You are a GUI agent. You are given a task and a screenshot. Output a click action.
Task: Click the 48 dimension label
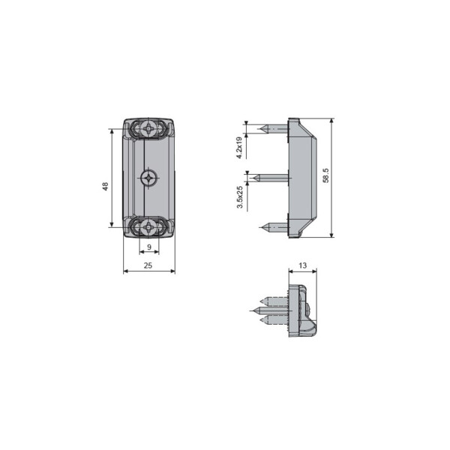[106, 186]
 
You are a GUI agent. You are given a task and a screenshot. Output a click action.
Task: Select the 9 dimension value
[148, 247]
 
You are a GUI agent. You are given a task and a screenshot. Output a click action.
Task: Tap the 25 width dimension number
[148, 265]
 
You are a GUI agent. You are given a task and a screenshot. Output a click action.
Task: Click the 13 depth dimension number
[302, 265]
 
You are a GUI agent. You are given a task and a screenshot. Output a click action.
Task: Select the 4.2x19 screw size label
[239, 147]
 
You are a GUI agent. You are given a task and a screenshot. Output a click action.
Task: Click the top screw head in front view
[149, 129]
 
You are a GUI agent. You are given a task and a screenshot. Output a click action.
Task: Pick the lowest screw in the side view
[273, 226]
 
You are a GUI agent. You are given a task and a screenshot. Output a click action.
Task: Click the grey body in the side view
[301, 178]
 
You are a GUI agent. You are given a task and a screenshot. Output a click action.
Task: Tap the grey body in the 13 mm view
[298, 309]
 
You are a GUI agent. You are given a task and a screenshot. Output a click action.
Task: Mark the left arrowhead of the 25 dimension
[125, 271]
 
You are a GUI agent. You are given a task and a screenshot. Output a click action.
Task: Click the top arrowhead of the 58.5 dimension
[331, 120]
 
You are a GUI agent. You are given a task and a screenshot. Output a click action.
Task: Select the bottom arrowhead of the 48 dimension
[112, 224]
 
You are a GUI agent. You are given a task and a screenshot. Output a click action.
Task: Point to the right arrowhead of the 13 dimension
[315, 271]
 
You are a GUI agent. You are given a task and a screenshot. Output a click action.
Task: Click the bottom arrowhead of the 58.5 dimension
[331, 235]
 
